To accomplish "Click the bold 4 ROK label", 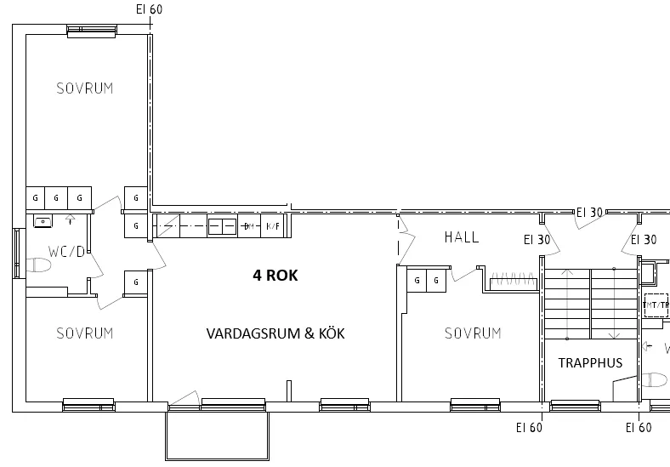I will pyautogui.click(x=275, y=275).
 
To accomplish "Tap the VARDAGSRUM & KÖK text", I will pyautogui.click(x=275, y=333).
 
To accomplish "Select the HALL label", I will pyautogui.click(x=462, y=237).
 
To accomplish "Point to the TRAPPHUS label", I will pyautogui.click(x=590, y=362).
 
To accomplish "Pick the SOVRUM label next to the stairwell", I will pyautogui.click(x=473, y=333).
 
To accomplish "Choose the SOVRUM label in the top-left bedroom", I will pyautogui.click(x=84, y=88).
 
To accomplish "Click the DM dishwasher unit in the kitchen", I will pyautogui.click(x=248, y=226).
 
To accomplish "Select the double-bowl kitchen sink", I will pyautogui.click(x=222, y=226).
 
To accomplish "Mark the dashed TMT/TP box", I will pyautogui.click(x=656, y=305).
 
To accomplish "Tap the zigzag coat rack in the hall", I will pyautogui.click(x=512, y=278).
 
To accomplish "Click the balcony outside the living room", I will pyautogui.click(x=216, y=436).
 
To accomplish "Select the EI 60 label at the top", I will pyautogui.click(x=149, y=9).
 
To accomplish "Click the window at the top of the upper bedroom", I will pyautogui.click(x=91, y=31).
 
